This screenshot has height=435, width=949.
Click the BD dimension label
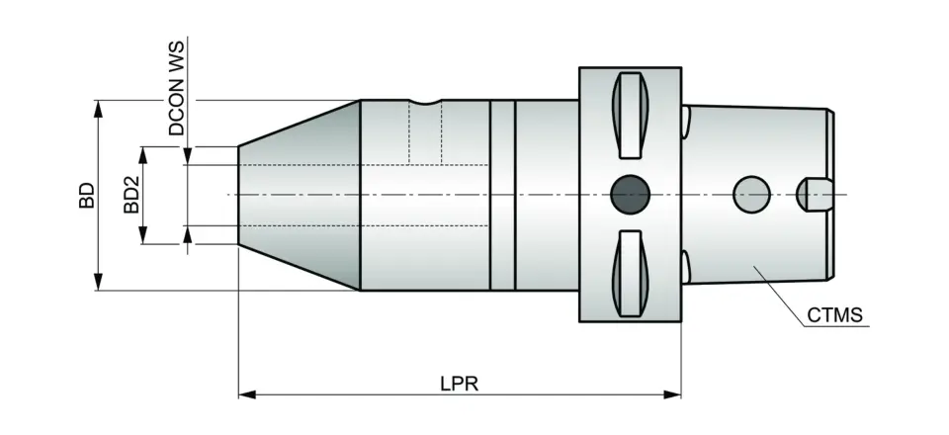(87, 195)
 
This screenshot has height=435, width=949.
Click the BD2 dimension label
(130, 195)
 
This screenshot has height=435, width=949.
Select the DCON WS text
(177, 88)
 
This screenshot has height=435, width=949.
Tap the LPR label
(460, 384)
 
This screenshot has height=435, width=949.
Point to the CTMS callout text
(835, 316)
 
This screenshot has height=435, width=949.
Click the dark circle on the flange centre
(629, 194)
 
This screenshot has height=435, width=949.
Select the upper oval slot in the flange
(629, 115)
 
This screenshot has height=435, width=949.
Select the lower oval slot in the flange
(629, 274)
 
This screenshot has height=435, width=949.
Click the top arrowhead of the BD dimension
(97, 108)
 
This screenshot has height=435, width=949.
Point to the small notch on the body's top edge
(424, 103)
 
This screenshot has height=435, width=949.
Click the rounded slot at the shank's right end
(815, 193)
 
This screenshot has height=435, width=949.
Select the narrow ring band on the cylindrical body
(503, 195)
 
